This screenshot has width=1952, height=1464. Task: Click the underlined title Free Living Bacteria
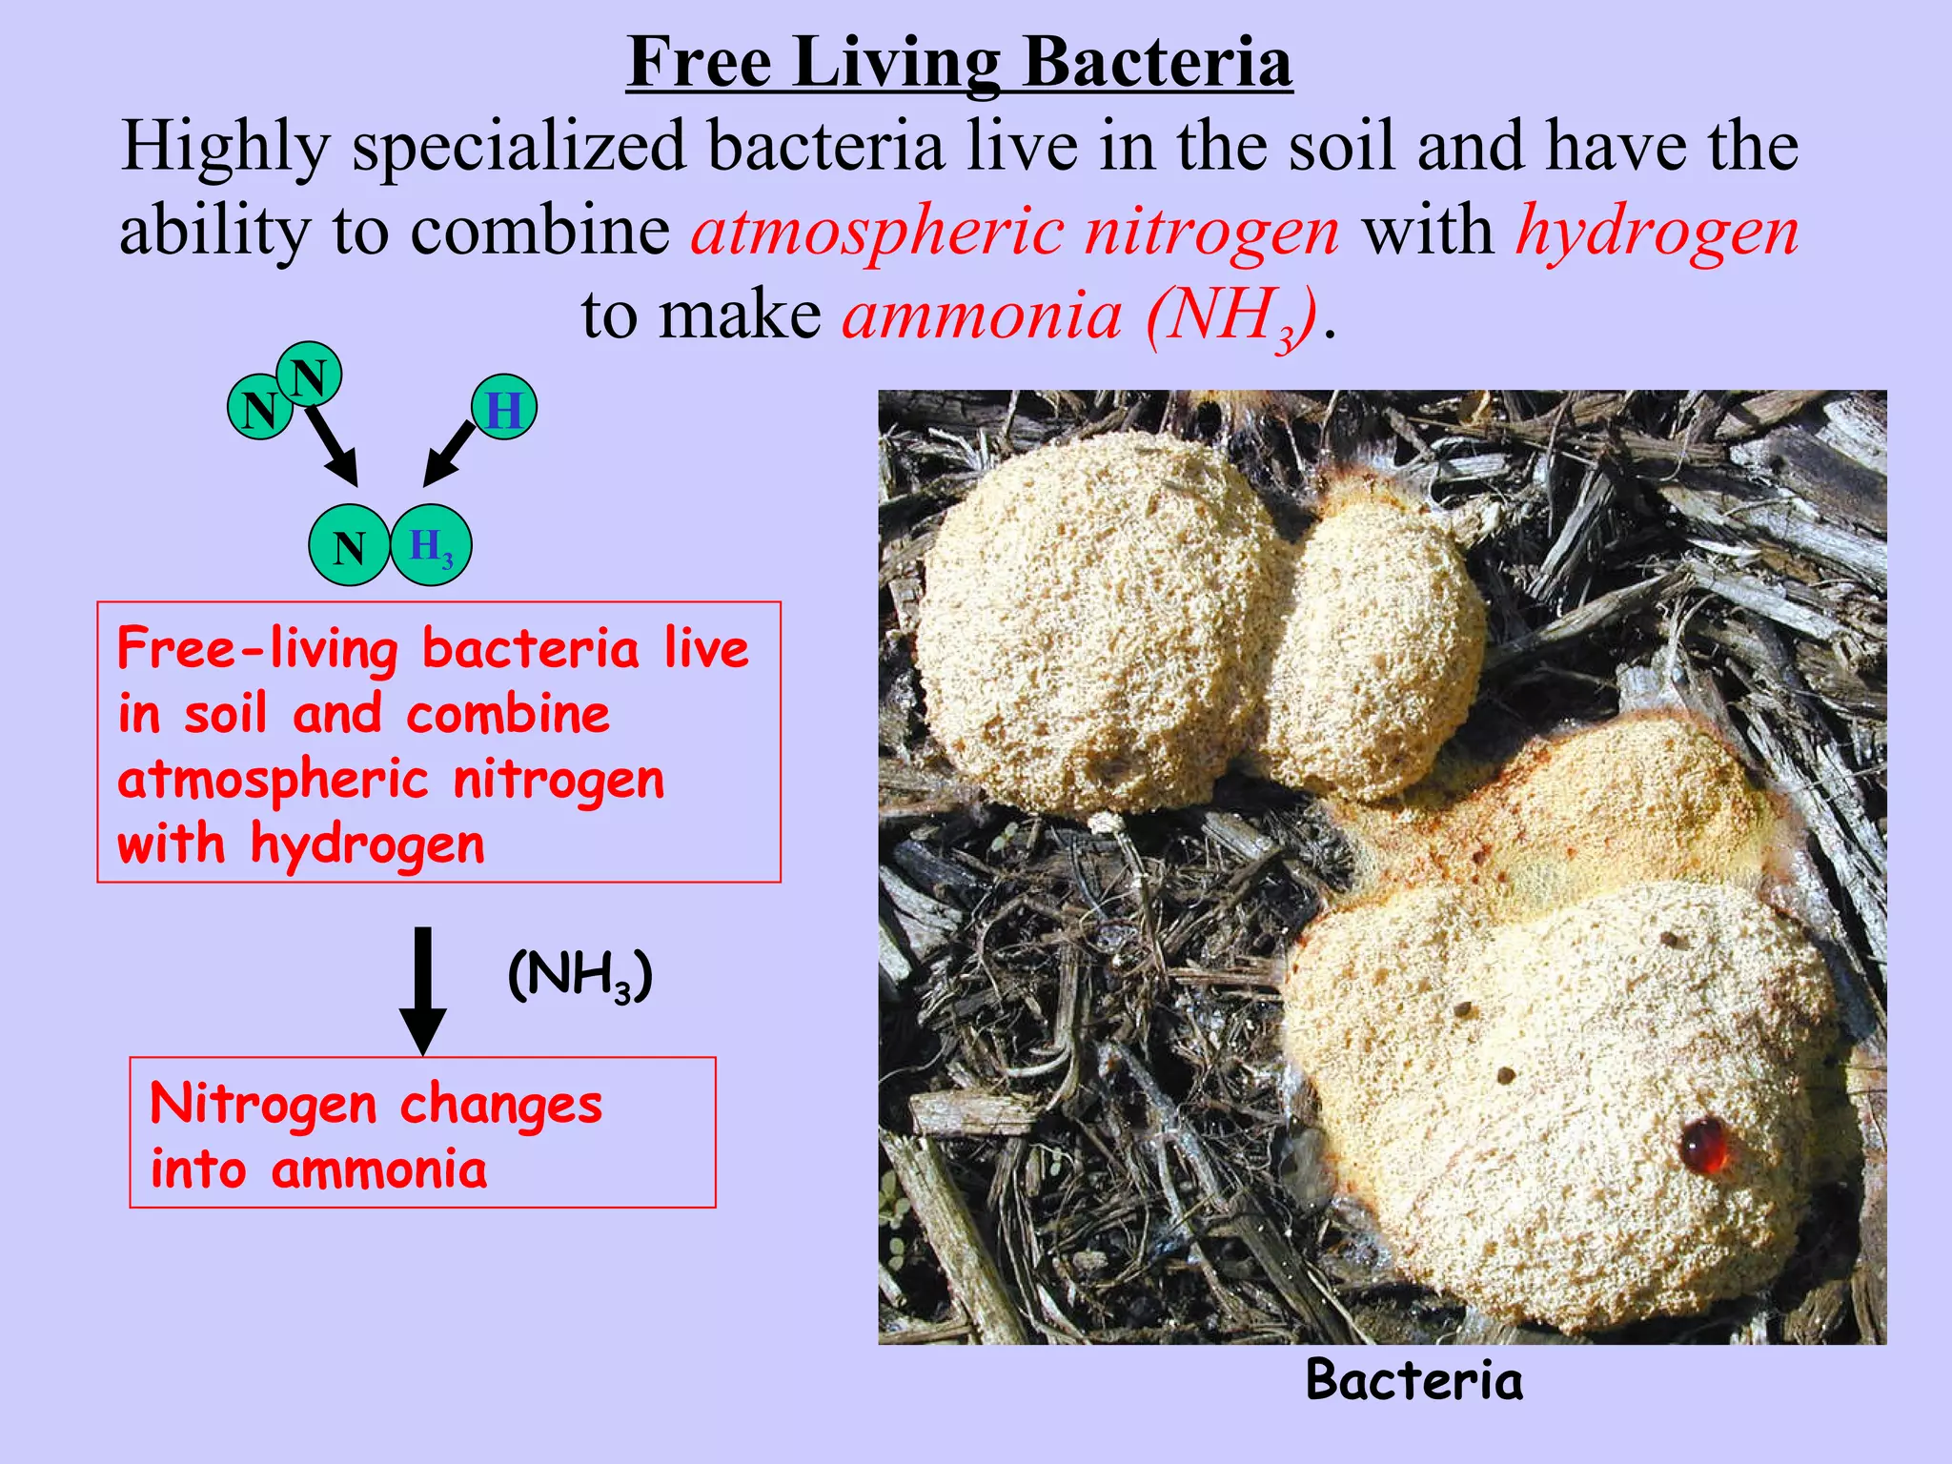coord(960,63)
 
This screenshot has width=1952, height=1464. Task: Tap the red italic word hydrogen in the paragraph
coord(1657,232)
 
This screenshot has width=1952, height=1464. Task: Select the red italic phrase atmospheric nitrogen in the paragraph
coord(1015,232)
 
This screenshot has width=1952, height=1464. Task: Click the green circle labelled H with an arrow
coord(504,408)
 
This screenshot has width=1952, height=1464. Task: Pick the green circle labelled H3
coord(431,545)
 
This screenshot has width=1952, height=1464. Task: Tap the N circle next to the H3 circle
coord(349,546)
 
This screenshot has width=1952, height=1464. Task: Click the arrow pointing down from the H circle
coord(448,455)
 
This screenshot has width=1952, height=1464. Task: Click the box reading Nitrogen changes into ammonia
coord(422,1132)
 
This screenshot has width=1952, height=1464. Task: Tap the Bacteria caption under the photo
coord(1413,1380)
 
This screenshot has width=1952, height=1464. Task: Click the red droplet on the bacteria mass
coord(1702,1144)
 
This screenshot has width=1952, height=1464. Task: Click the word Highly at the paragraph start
coord(225,148)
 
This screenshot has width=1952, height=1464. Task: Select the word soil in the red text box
coord(226,715)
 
